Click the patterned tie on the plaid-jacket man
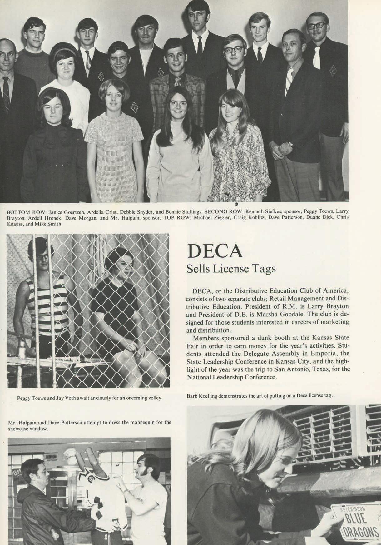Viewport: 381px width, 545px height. [x=177, y=82]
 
